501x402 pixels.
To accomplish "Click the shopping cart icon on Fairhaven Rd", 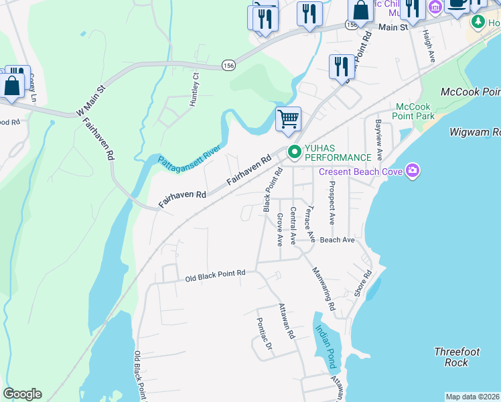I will (x=288, y=120).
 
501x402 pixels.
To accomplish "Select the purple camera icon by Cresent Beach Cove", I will (x=412, y=172).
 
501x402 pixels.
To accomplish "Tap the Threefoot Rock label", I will (x=455, y=356).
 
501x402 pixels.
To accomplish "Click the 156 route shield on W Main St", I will (x=228, y=66).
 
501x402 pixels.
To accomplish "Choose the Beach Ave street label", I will (x=337, y=239).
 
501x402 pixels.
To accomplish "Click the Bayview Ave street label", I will (x=379, y=139).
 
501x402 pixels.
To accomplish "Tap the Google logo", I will (x=22, y=394).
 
